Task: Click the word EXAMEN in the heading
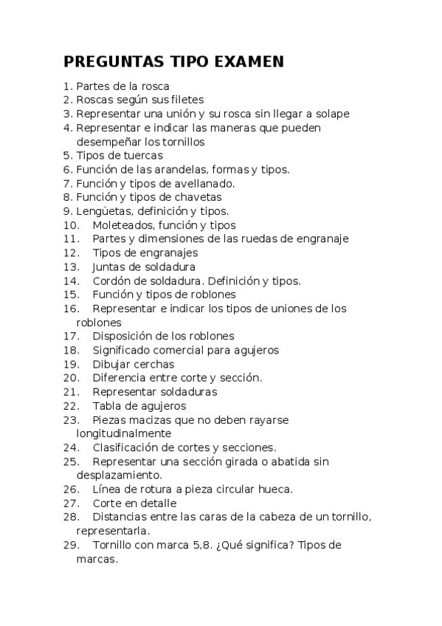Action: click(x=247, y=62)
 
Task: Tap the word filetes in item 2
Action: click(x=186, y=100)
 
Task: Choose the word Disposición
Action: click(x=124, y=337)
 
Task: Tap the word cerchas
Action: click(x=154, y=364)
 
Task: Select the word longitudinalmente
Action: click(x=124, y=433)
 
